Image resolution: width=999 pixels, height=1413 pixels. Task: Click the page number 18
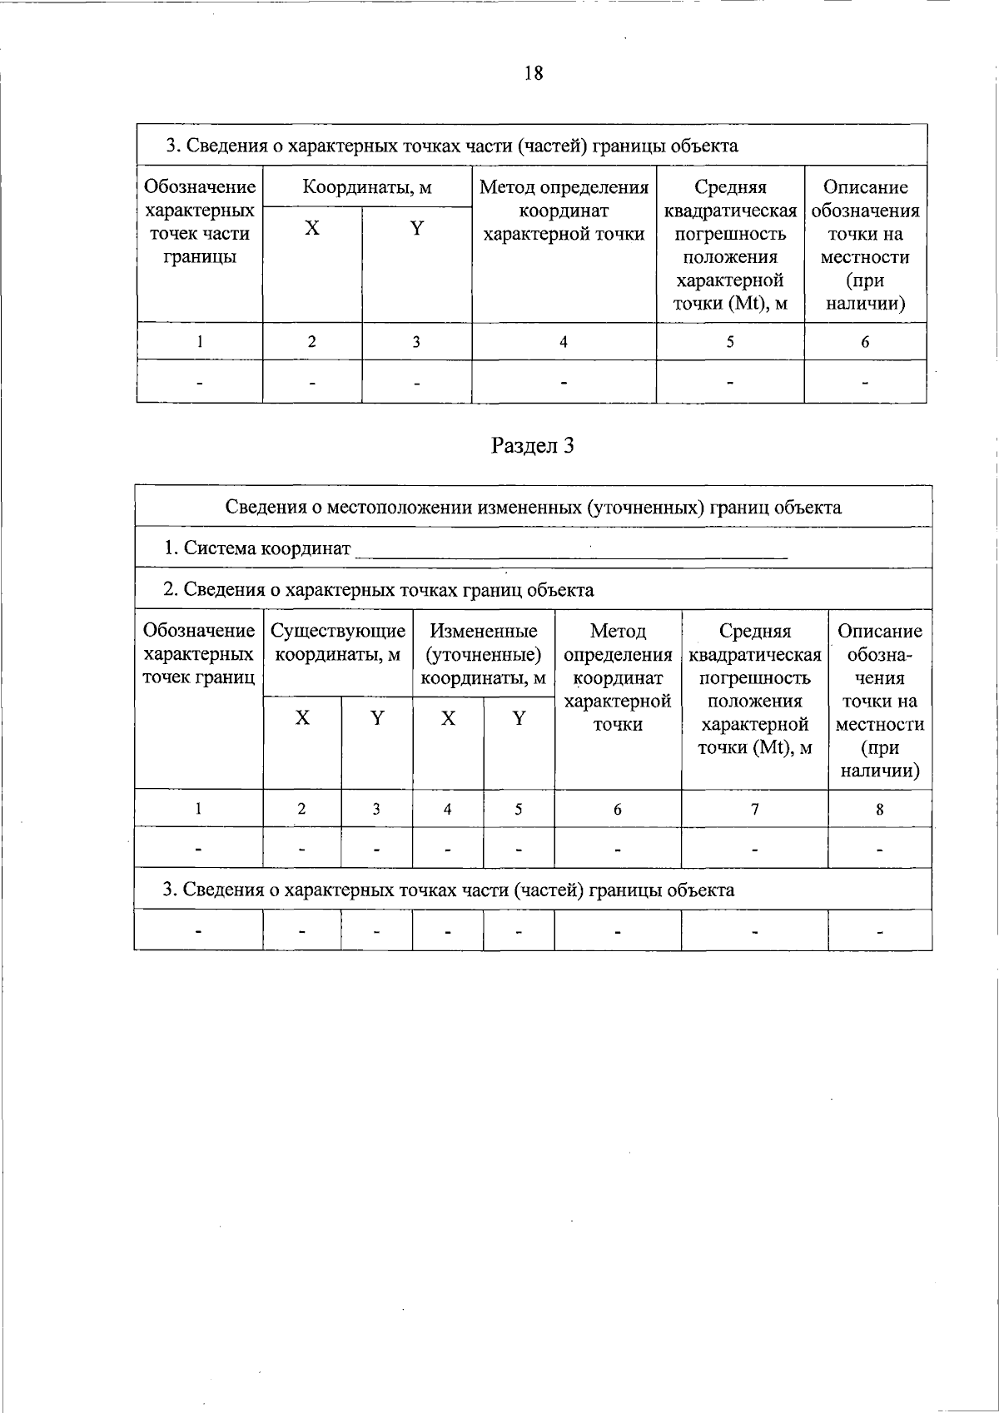[534, 73]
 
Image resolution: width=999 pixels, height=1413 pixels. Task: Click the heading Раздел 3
[533, 446]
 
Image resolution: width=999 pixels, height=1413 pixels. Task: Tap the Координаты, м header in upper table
[367, 187]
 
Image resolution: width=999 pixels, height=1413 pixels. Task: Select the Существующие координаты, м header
[338, 643]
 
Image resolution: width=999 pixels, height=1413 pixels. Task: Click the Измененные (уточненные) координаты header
[483, 654]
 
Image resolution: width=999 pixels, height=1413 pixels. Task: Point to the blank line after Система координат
[570, 551]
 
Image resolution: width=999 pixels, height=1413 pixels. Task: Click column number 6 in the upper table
[865, 342]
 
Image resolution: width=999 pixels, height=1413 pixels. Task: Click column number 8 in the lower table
[879, 809]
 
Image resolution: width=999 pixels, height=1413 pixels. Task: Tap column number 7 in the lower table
[754, 809]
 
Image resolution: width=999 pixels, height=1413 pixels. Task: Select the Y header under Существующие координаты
[377, 718]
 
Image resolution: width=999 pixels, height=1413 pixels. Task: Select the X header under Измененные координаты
[448, 718]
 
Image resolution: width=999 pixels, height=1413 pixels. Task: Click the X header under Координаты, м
[312, 229]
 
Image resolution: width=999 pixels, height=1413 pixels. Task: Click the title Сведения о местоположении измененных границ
[533, 508]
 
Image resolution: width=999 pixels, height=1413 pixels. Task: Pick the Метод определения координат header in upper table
[564, 211]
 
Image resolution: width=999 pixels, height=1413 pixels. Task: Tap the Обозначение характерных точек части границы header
[200, 221]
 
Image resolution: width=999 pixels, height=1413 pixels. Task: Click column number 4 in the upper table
[564, 342]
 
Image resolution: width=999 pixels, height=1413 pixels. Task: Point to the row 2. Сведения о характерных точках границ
[379, 590]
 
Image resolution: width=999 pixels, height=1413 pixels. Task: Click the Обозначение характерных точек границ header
[199, 654]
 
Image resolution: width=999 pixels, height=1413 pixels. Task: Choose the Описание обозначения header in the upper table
[865, 245]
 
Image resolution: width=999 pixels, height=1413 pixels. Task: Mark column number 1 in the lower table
[198, 809]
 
